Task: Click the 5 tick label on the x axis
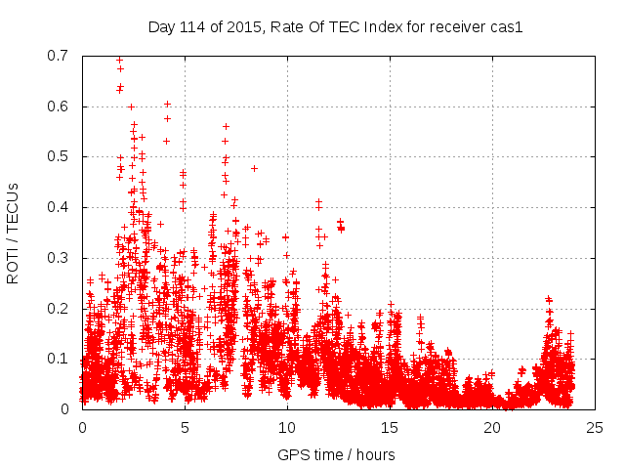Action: coord(185,427)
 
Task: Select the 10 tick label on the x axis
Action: coord(287,427)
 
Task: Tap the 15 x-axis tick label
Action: coord(390,427)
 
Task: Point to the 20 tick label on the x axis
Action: coord(492,427)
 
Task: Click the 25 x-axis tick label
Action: coord(595,427)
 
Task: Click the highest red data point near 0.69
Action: coord(119,60)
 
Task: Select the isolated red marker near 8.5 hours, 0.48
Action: coord(254,168)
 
